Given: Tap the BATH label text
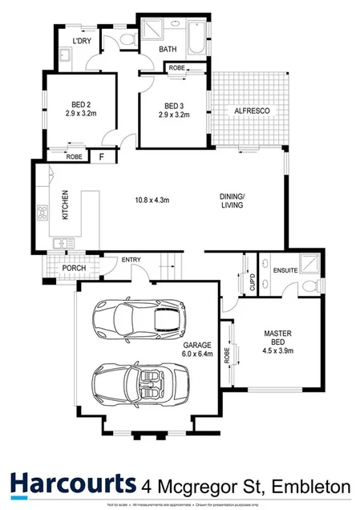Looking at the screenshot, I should [168, 50].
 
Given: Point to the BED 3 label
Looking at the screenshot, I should [175, 106].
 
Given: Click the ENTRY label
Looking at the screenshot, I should [132, 259].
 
